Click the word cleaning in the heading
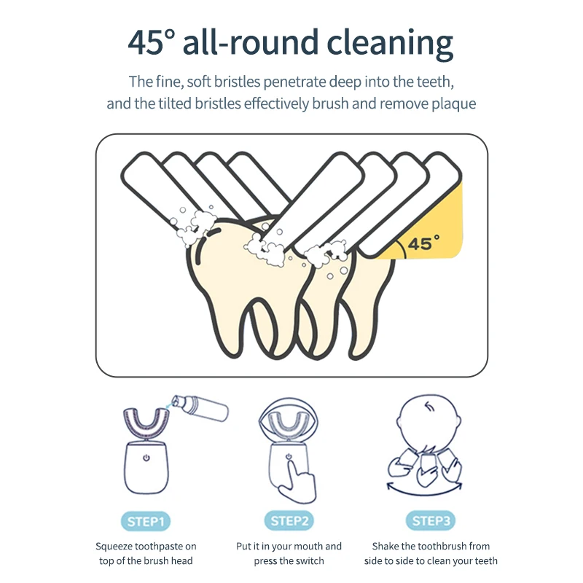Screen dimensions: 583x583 pos(391,44)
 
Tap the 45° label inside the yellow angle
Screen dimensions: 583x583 pos(420,244)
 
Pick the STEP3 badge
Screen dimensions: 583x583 pos(432,521)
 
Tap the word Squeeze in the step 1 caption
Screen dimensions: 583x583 pos(114,547)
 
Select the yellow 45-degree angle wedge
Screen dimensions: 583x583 pos(445,226)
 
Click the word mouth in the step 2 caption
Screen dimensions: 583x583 pos(307,547)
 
